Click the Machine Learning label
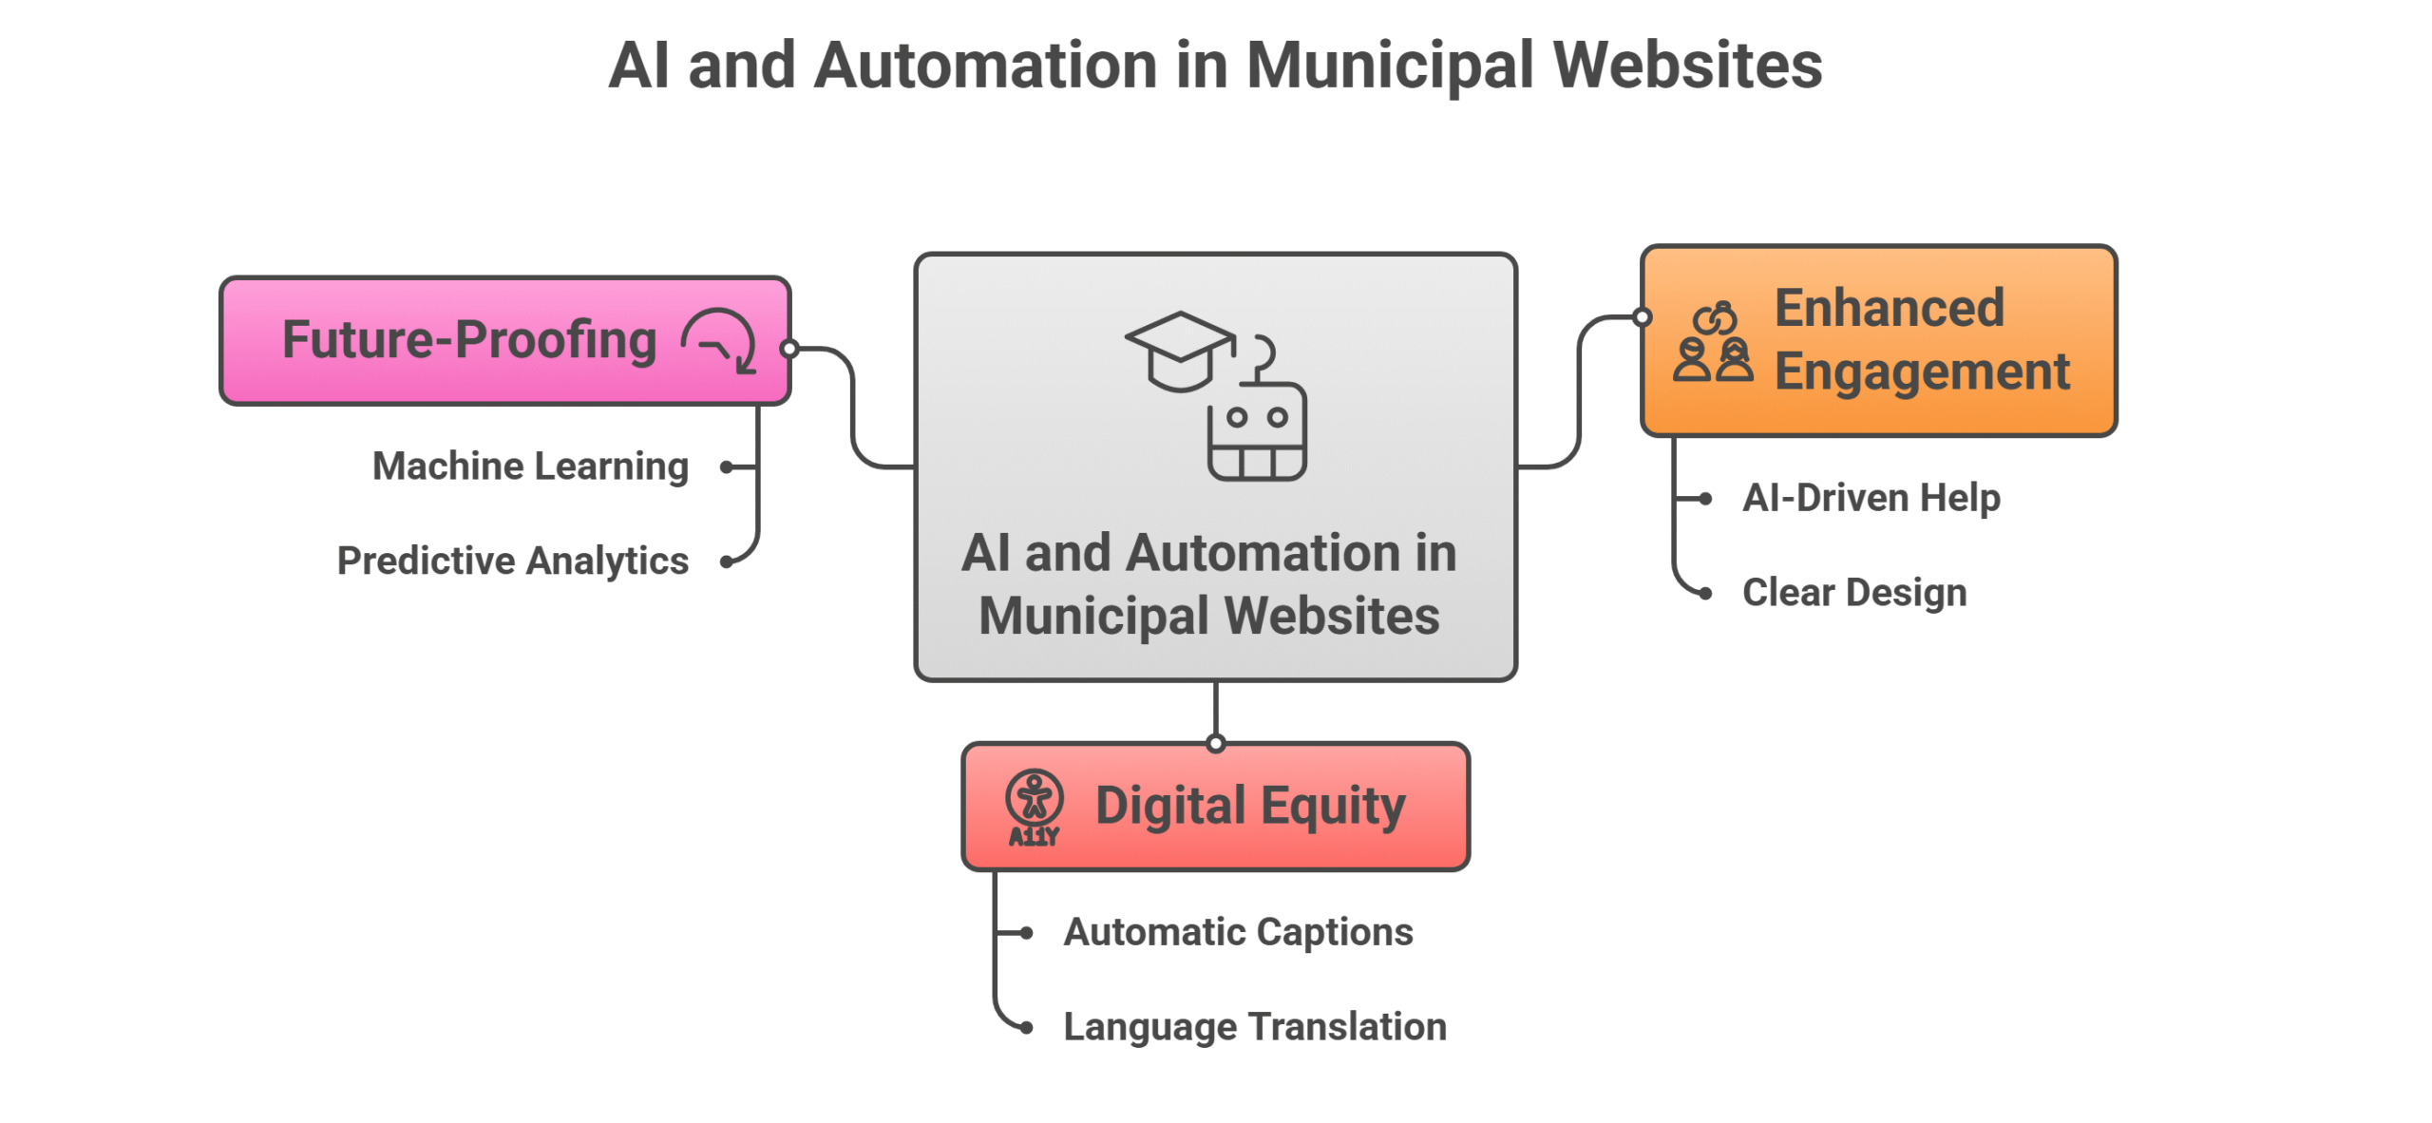530,466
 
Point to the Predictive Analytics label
512,561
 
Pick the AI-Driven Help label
1871,498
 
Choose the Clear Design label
1853,593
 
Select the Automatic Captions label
1238,932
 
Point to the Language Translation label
1254,1027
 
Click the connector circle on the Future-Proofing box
788,349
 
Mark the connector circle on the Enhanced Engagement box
1642,317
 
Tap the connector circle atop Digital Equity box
1215,744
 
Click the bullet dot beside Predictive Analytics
727,561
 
